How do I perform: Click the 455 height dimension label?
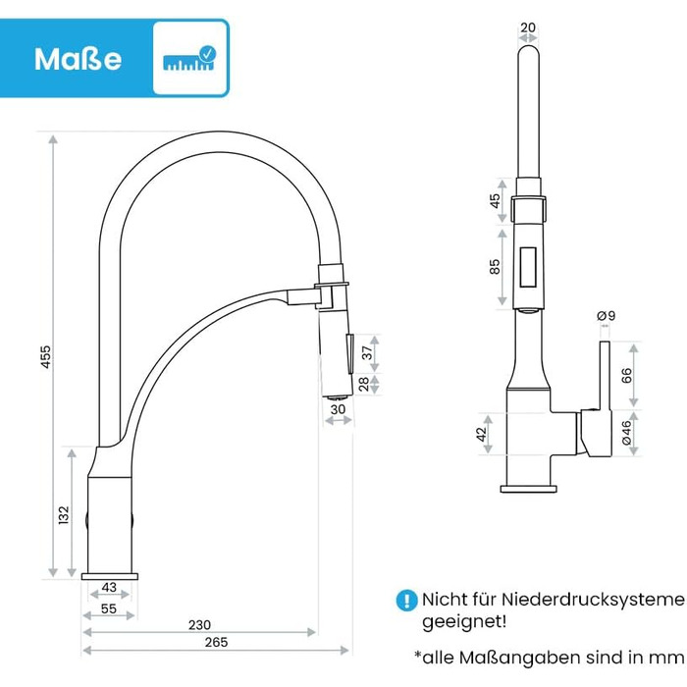[x=46, y=356]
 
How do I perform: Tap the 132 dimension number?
[x=64, y=515]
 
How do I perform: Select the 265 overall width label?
[x=217, y=642]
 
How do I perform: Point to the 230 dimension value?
[x=199, y=625]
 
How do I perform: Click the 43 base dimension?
[x=109, y=587]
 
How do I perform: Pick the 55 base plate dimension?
[x=109, y=608]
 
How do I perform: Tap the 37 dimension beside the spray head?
[x=367, y=352]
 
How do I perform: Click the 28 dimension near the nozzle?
[x=364, y=384]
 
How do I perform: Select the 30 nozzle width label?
[x=338, y=409]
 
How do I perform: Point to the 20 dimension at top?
[x=528, y=27]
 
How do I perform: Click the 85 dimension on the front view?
[x=495, y=266]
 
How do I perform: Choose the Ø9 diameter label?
[x=607, y=315]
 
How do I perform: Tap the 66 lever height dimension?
[x=627, y=376]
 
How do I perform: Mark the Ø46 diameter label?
[x=627, y=433]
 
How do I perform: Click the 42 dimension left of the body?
[x=481, y=434]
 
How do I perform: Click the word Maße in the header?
[x=78, y=59]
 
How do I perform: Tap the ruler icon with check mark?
[x=189, y=58]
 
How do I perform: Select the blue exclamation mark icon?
[x=406, y=600]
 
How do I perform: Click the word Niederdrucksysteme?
[x=593, y=600]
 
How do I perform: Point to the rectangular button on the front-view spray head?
[x=528, y=267]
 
